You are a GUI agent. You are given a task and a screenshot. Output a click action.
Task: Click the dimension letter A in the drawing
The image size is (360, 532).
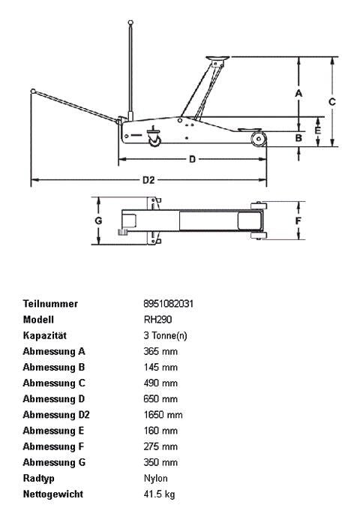tap(298, 93)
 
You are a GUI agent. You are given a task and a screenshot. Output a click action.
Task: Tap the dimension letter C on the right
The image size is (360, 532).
tap(331, 101)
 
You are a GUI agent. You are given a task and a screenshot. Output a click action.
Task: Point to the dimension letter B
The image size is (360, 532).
tap(298, 137)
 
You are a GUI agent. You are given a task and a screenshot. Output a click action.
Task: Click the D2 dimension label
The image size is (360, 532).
tap(148, 180)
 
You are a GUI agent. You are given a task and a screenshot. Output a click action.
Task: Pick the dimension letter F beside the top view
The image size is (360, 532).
tap(298, 221)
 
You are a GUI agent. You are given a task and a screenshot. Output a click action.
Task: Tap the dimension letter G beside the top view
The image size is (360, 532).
tap(98, 221)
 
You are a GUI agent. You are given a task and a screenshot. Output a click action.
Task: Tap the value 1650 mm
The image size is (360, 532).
tap(163, 415)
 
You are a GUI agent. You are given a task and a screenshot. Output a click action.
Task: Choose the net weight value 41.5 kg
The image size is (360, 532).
tap(159, 494)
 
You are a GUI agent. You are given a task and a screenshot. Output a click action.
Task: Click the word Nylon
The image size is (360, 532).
tap(155, 478)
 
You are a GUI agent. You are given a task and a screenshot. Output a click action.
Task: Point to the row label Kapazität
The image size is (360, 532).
tap(45, 335)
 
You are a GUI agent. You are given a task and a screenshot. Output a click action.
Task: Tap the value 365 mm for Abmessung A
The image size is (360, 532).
tap(160, 351)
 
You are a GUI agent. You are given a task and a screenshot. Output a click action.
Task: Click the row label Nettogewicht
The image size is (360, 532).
tap(53, 494)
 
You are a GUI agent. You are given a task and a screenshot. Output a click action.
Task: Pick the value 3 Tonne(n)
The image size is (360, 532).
tap(165, 335)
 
